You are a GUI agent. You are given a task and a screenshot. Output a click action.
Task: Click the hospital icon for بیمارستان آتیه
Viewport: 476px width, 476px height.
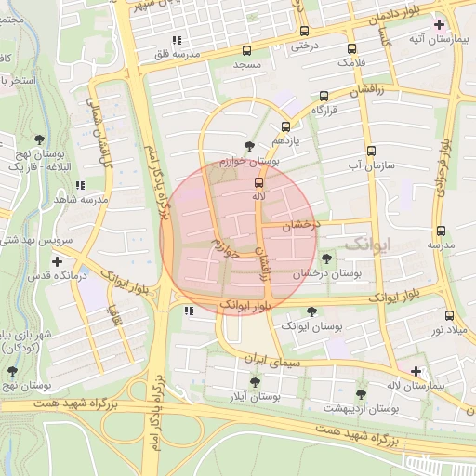pos(439,24)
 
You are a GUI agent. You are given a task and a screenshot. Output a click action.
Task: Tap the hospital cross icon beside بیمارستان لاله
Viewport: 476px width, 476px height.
pos(416,370)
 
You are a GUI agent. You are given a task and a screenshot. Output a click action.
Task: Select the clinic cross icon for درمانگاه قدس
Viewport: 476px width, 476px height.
pos(58,261)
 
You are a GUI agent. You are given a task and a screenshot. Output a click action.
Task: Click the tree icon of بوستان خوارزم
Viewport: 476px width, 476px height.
pos(249,145)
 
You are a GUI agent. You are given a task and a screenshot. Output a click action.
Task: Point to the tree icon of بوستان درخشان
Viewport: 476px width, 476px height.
pos(325,258)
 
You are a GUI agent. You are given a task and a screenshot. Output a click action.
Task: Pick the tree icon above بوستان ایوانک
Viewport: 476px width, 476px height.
pos(311,311)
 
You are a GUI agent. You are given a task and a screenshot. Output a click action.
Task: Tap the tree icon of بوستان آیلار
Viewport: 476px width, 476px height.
pos(255,381)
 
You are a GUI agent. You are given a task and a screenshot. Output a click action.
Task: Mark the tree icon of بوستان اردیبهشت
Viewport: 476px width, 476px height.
pos(361,394)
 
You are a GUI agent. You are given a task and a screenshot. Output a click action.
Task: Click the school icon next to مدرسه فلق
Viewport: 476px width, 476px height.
pos(176,40)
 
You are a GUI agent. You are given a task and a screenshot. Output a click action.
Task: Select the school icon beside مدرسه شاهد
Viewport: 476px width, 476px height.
pos(81,185)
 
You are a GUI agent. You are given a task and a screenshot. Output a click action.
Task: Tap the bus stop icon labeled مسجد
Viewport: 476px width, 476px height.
pos(246,51)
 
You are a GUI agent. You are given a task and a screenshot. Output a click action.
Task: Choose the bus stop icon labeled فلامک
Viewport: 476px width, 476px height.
pos(351,48)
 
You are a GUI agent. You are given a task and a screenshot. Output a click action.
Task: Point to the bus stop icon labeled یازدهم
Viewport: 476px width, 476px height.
pos(285,126)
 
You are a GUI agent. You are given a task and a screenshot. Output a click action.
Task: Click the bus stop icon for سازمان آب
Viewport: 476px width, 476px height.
pos(372,151)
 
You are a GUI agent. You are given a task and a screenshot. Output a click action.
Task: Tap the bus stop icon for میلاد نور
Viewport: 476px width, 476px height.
pos(450,315)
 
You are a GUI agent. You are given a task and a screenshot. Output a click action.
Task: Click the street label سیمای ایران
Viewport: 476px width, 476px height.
pos(269,359)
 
